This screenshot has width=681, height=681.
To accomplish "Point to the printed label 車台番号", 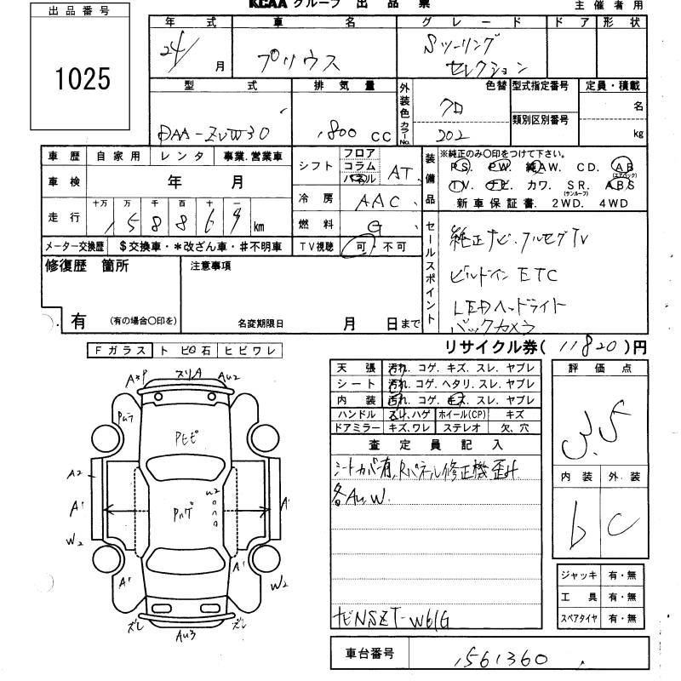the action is (369, 654).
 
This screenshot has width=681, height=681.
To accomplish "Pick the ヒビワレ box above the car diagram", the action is (250, 350).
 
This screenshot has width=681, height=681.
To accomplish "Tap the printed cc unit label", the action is (380, 135).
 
